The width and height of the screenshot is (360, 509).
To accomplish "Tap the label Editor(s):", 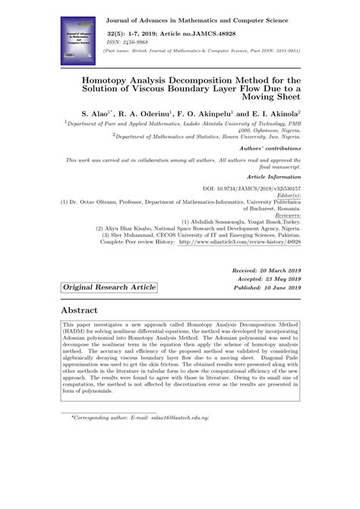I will coord(286,194).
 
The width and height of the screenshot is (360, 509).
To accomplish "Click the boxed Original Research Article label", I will coord(109,287).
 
